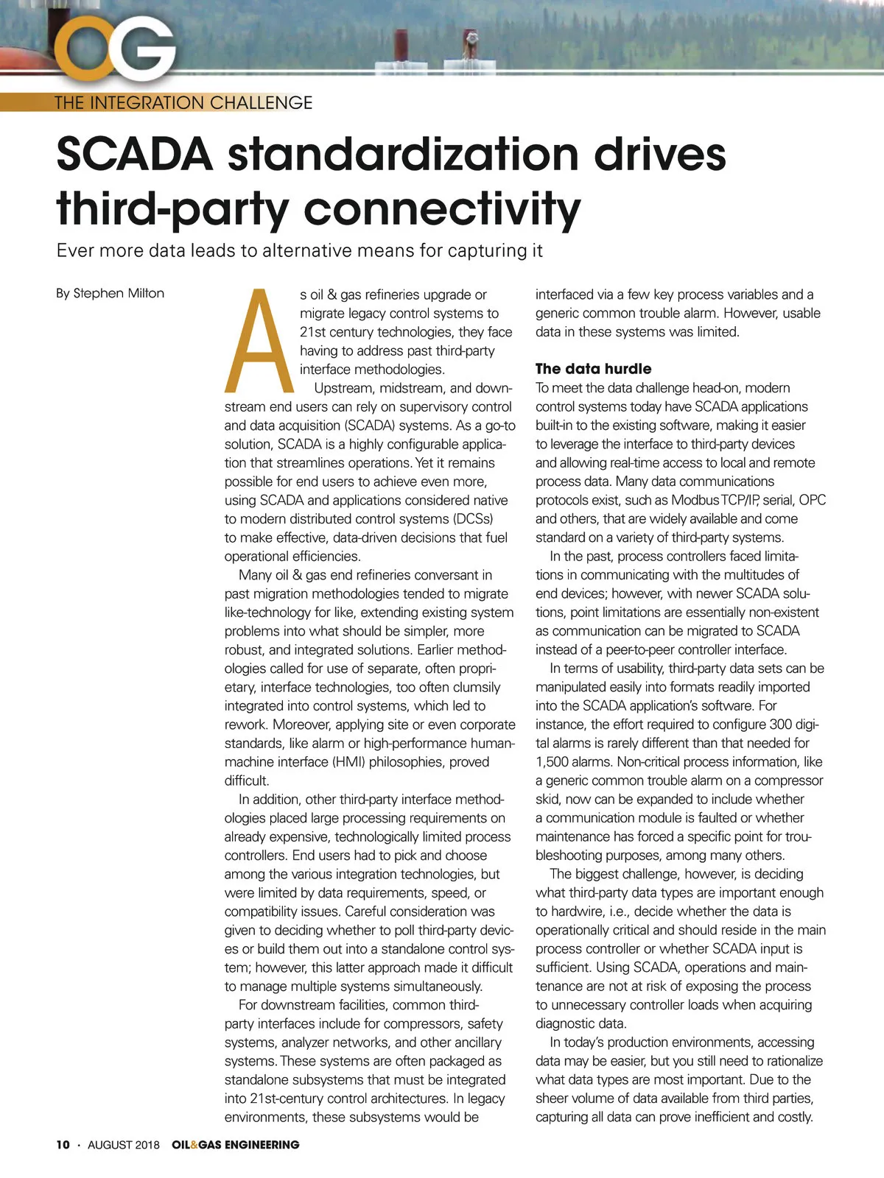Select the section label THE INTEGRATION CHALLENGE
183,102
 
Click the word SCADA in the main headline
135,154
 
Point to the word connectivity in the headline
442,208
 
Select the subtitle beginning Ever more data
300,250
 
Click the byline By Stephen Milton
110,293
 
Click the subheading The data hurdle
593,369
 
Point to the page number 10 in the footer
63,1145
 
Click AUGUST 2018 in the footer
123,1145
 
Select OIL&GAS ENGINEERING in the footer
236,1145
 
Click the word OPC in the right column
812,500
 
